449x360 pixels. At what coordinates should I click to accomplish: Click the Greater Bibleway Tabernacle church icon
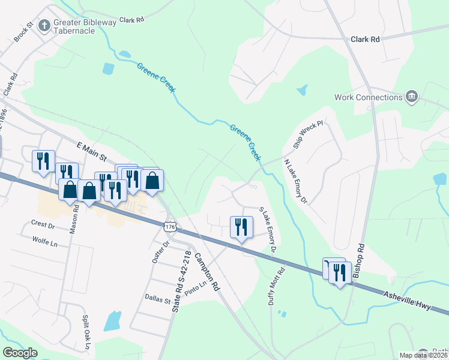click(44, 26)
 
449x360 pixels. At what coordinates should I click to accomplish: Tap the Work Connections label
click(368, 97)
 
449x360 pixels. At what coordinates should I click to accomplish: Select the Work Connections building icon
click(412, 97)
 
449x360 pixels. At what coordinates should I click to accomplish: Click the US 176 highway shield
click(170, 226)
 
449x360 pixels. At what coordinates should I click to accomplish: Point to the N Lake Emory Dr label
click(295, 182)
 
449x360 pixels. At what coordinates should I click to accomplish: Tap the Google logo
click(20, 353)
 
